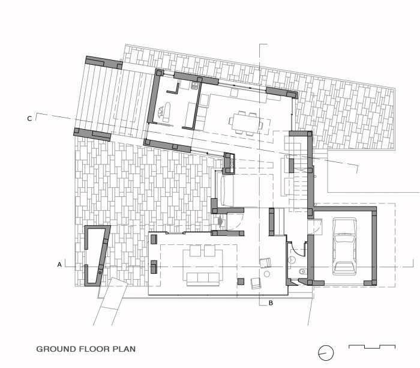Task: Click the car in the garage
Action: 344,246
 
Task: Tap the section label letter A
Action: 59,265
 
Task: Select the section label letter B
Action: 271,303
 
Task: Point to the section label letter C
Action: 29,118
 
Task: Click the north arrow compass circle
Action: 326,353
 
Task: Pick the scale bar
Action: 372,347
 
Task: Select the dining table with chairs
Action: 246,122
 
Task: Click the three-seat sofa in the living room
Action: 203,279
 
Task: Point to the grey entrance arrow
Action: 221,222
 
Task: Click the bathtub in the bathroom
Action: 167,110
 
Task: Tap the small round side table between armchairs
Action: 267,274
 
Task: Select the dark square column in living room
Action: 241,281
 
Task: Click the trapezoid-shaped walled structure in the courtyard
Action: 97,256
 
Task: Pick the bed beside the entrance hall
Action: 227,190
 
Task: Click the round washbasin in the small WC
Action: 292,259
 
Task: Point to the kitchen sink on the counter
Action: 195,86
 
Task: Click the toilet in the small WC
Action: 302,271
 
